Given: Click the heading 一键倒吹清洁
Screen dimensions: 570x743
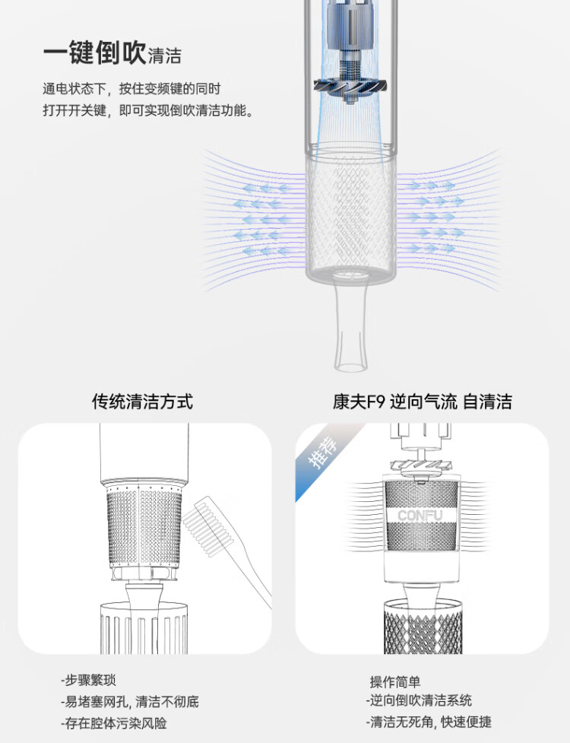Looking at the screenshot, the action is [112, 52].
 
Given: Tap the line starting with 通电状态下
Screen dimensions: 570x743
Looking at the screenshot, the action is [131, 89].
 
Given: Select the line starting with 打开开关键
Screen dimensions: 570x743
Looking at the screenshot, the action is [149, 110].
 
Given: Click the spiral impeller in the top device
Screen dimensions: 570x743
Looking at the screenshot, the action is [350, 89].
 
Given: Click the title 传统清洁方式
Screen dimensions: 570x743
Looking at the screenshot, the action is [143, 402].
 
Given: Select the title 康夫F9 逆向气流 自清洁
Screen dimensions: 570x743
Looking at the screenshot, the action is [423, 402].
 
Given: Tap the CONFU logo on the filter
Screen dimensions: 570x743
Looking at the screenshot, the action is [420, 515].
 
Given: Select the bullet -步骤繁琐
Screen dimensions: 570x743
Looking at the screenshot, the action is [88, 681].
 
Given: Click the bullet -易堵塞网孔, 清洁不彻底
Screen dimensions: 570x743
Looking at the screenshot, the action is [130, 701].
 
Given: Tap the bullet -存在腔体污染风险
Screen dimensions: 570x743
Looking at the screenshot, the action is [114, 723].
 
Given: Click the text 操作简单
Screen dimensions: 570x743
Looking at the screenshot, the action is [395, 682].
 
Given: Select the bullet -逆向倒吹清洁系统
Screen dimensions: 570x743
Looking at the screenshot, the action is [419, 700].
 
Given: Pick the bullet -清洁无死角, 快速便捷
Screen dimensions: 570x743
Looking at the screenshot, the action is [429, 722].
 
